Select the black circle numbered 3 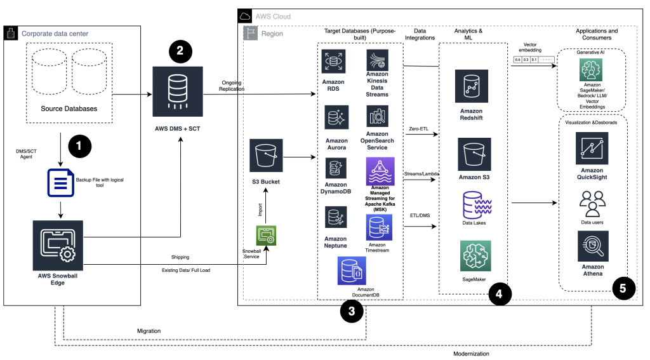[x=352, y=310]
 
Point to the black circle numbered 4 [x=500, y=293]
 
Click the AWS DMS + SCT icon [x=178, y=91]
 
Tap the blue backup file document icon [x=60, y=182]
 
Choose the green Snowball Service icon [x=265, y=236]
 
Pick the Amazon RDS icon [x=333, y=62]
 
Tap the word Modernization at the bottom [x=471, y=354]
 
